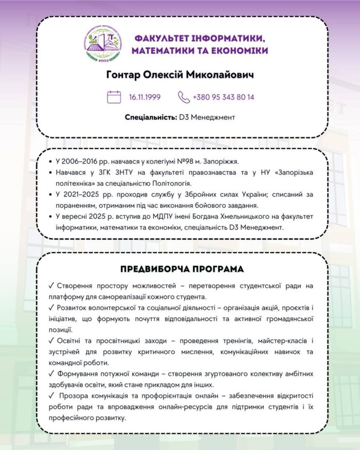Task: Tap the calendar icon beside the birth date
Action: pyautogui.click(x=114, y=97)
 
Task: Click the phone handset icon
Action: pyautogui.click(x=184, y=97)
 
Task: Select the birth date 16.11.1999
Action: pyautogui.click(x=145, y=97)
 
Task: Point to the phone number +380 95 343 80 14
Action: pyautogui.click(x=223, y=97)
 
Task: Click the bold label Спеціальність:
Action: pyautogui.click(x=151, y=117)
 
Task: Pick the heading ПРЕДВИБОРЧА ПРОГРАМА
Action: pyautogui.click(x=182, y=269)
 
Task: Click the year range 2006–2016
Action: pyautogui.click(x=78, y=161)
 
